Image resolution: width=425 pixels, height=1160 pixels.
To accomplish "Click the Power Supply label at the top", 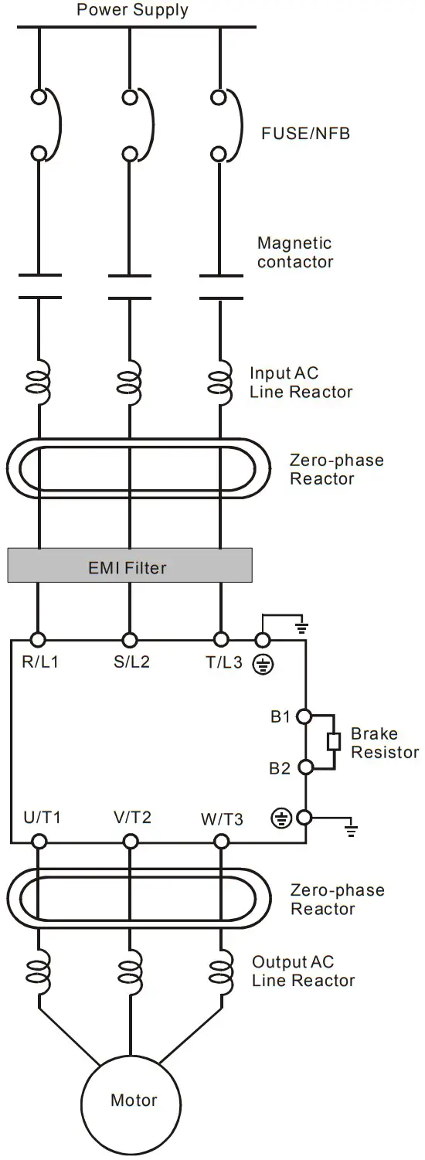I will (132, 10).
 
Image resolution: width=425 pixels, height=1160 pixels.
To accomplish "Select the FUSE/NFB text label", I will (305, 134).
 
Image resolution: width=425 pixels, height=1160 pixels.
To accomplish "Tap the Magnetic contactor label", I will (295, 253).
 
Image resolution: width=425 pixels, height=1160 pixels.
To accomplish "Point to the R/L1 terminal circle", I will (38, 639).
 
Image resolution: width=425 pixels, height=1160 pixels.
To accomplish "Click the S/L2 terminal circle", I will (130, 639).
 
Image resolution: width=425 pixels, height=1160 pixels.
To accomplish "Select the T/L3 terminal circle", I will (222, 639).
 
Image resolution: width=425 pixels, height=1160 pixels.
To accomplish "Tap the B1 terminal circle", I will (304, 716).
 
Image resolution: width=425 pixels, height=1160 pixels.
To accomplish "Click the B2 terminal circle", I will (304, 767).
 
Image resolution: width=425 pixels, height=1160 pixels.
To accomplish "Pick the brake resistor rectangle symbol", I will (334, 742).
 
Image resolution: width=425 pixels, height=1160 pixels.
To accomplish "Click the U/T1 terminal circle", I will (38, 842).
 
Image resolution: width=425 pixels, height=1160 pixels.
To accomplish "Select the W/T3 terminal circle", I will (222, 842).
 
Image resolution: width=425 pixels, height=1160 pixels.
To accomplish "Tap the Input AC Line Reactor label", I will (301, 382).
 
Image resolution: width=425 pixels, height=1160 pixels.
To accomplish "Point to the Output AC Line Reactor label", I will (303, 971).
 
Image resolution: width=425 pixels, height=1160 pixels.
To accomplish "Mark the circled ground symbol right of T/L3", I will (263, 664).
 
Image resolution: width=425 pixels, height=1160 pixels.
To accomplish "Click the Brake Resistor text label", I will (384, 743).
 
